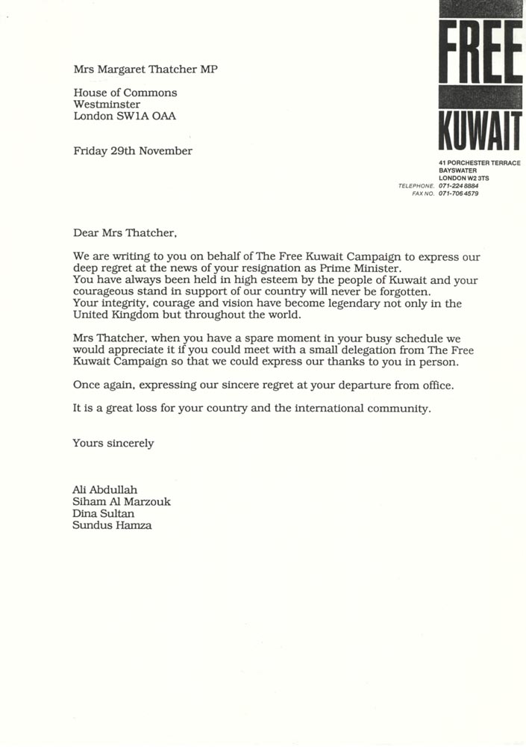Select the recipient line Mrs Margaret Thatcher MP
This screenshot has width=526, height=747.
coord(145,69)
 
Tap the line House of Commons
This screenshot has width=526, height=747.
coord(125,93)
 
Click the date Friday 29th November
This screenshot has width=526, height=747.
coord(133,151)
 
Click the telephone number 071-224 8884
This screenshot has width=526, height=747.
coord(459,185)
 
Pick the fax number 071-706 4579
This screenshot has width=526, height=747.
coord(459,193)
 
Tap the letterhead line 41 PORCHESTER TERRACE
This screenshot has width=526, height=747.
coord(480,163)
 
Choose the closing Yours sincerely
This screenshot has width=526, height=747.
coord(113,443)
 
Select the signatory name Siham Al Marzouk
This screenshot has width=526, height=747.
coord(122,501)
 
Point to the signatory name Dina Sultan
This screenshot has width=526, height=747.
coord(103,513)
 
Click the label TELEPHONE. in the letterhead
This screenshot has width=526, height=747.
coord(416,185)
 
